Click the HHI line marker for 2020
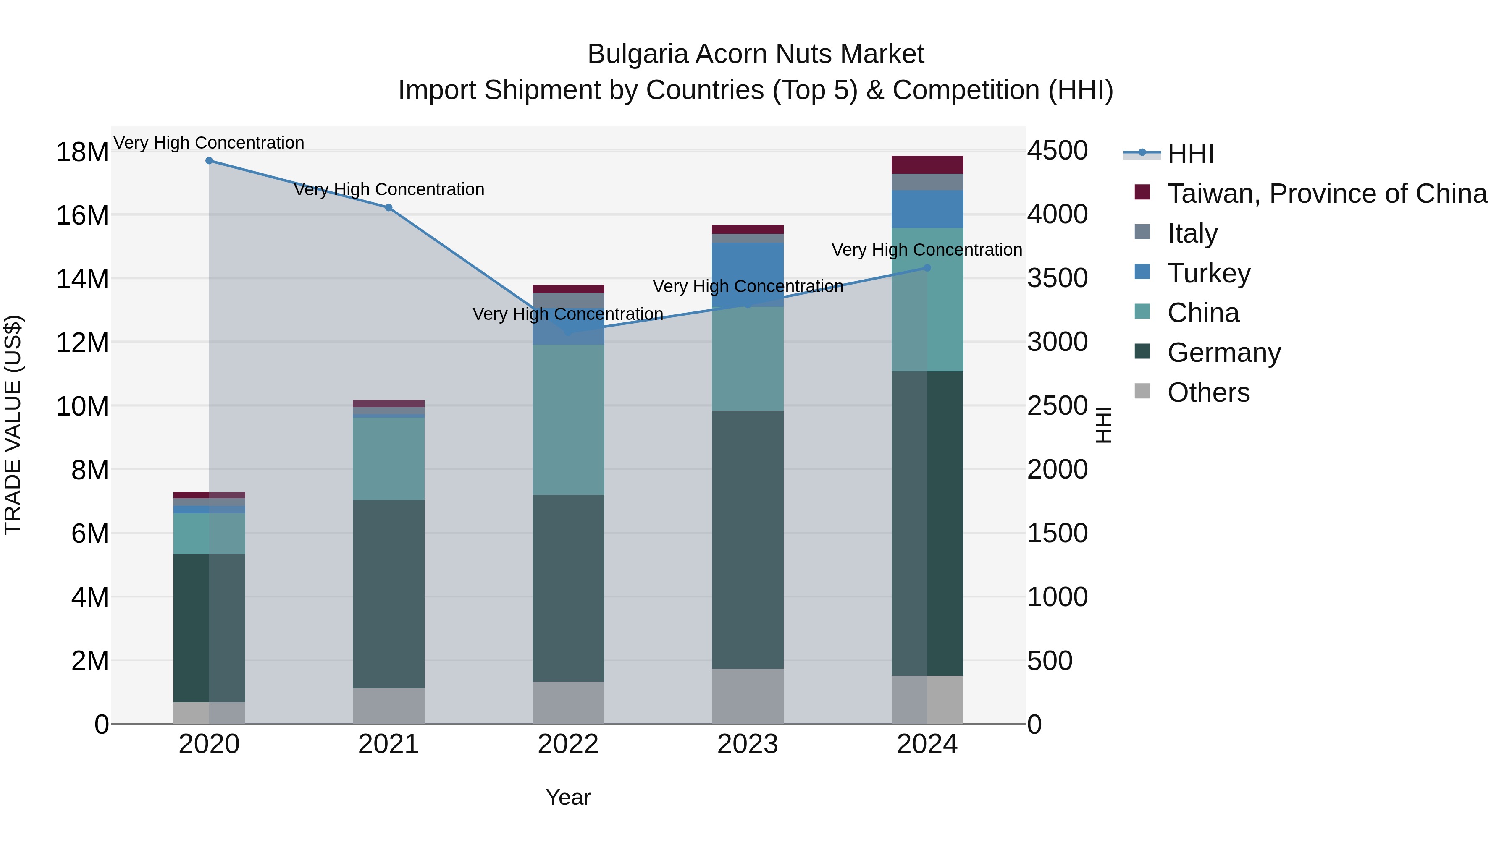(x=209, y=161)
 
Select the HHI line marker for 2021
(x=388, y=208)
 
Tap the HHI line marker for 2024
(x=927, y=268)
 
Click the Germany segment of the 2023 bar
(x=747, y=540)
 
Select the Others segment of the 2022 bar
(x=568, y=702)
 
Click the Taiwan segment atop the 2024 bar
(x=927, y=165)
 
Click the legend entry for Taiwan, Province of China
(x=1326, y=194)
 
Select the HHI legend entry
(x=1190, y=154)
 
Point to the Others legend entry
(x=1208, y=392)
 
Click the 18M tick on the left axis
(x=82, y=152)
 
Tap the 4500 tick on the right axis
(x=1057, y=151)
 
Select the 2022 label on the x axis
(x=568, y=744)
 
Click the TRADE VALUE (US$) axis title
(x=13, y=425)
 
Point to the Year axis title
(x=567, y=797)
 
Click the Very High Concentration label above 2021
(x=388, y=189)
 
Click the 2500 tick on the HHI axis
(x=1057, y=406)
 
